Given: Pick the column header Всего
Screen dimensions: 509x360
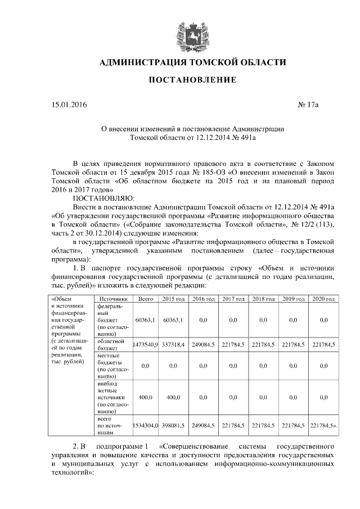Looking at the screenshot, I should pos(146,298).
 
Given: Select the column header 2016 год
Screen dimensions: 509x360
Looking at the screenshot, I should pos(203,298).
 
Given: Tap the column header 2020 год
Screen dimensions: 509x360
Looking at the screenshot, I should pos(323,298).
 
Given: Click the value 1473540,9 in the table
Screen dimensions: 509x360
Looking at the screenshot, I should pos(146,344).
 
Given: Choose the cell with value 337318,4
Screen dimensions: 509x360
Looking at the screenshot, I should pos(173,344).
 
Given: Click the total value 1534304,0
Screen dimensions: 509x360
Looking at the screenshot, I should pos(146,426).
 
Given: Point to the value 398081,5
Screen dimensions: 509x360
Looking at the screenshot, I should pos(173,426).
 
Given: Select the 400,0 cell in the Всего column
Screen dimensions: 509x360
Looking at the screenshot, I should pos(146,397).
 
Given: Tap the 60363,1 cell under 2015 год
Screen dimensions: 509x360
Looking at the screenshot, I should pos(173,319).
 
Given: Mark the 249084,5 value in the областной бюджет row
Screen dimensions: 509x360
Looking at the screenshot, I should pos(203,344).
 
